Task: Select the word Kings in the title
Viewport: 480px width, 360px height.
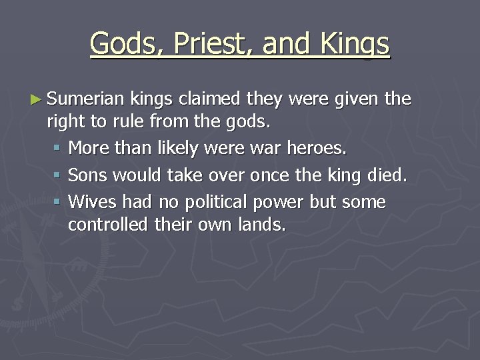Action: (355, 44)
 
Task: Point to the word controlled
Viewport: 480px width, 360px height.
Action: (107, 225)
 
